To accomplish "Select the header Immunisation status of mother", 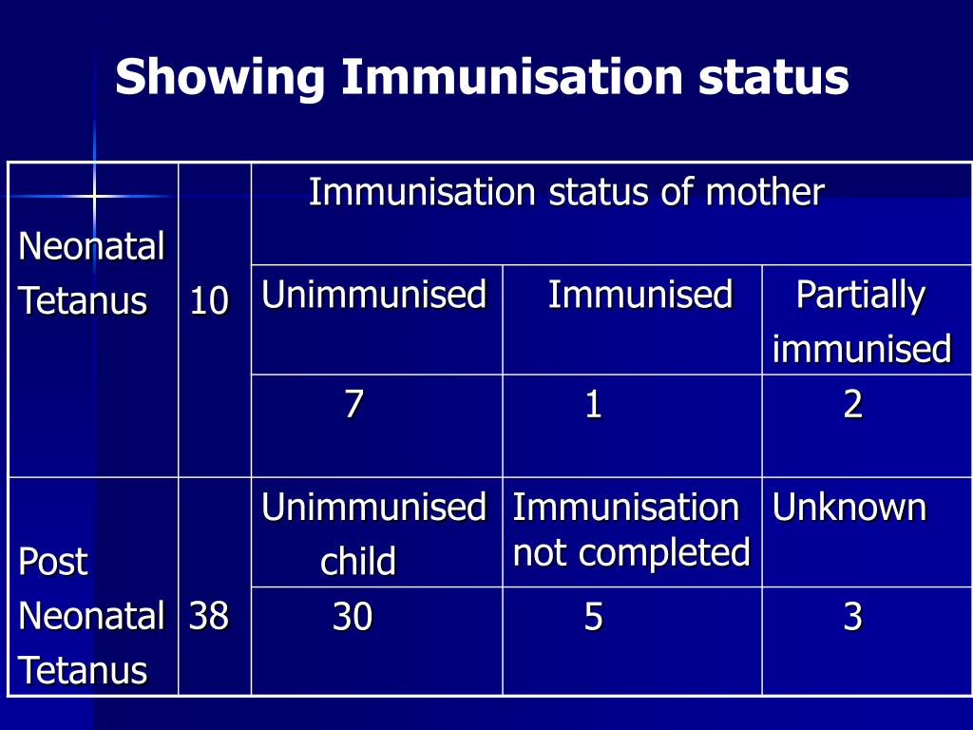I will click(x=565, y=193).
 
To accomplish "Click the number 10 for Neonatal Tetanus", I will click(x=209, y=302).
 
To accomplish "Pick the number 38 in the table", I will click(x=209, y=617).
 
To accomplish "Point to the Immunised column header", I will click(x=639, y=295).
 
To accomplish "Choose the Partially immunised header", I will click(x=861, y=321).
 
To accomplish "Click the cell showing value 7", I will click(x=353, y=406).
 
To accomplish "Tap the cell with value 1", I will click(x=593, y=406).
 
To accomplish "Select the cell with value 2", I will click(x=852, y=406).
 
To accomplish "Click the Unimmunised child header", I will click(x=373, y=533).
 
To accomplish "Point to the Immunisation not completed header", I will click(x=631, y=529).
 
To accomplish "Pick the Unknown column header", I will click(x=849, y=508).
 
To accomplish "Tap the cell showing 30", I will click(x=352, y=619).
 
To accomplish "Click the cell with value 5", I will click(x=593, y=619).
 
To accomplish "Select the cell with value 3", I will click(x=852, y=619).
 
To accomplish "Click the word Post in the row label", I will click(x=53, y=562).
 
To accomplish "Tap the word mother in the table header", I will click(x=764, y=193).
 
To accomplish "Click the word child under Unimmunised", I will click(x=357, y=563).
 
